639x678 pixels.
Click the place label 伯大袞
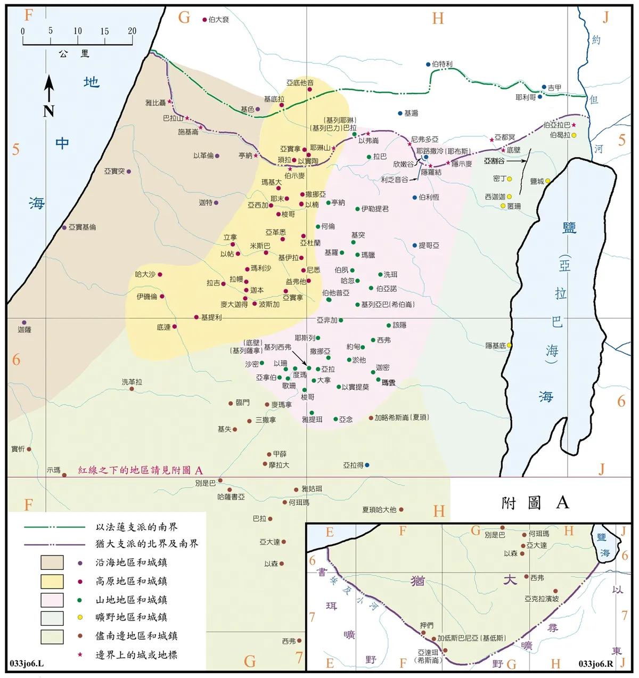(219, 20)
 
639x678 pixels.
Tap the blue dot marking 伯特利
(428, 64)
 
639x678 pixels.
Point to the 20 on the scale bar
(132, 31)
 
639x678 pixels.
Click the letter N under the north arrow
(49, 111)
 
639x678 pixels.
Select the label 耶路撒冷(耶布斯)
(444, 151)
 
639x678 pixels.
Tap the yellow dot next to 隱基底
(509, 345)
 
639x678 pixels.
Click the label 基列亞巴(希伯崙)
(388, 305)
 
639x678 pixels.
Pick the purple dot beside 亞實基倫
(64, 227)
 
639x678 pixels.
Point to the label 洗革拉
(132, 382)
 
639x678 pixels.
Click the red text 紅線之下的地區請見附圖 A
(141, 470)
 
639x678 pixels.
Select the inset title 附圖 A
(535, 503)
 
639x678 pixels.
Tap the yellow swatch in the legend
(52, 581)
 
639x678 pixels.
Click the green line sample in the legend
(54, 527)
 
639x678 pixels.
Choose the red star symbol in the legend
(80, 655)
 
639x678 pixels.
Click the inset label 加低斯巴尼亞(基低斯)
(472, 638)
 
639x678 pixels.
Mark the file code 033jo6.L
(27, 664)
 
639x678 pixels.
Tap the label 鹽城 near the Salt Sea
(537, 182)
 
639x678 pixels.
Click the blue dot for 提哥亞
(415, 246)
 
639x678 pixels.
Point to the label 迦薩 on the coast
(24, 330)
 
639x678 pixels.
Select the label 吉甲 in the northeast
(554, 87)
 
